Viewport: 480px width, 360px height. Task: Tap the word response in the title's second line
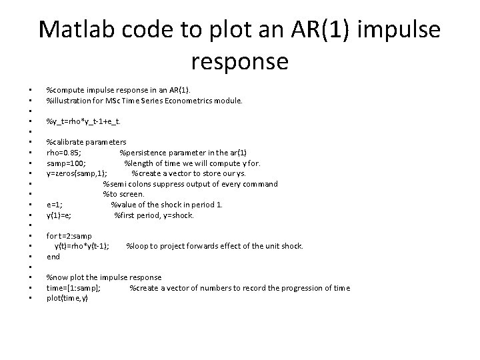coord(239,61)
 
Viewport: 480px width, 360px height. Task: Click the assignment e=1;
coord(55,205)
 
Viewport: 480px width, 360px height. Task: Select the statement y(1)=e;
coord(59,215)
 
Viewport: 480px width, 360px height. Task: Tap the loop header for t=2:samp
coord(69,235)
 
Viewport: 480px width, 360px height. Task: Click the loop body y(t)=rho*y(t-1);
coord(82,246)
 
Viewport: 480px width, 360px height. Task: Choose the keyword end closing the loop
coord(53,256)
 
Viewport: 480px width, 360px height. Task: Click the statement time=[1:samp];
coord(73,287)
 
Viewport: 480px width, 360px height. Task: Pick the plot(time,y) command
coord(67,298)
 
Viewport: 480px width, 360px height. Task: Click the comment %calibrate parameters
coord(86,142)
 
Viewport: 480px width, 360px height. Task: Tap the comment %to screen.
coord(123,194)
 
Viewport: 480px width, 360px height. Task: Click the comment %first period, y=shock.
coord(154,215)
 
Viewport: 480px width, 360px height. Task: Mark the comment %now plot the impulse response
coord(103,277)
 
